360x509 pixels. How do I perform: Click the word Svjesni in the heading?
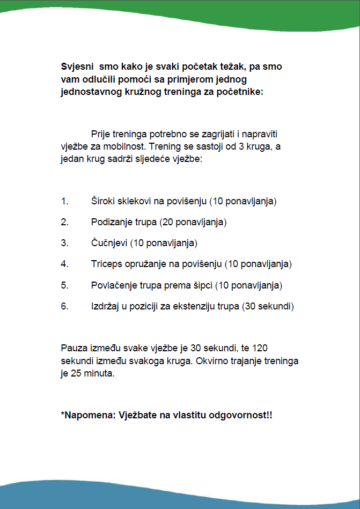click(x=76, y=67)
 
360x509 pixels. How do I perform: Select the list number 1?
click(x=64, y=202)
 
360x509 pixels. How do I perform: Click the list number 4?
click(x=64, y=264)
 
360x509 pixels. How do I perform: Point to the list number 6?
click(x=64, y=307)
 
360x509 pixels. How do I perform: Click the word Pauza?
click(x=74, y=348)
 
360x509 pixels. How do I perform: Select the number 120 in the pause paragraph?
click(x=260, y=348)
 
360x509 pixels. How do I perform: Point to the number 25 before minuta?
click(x=75, y=373)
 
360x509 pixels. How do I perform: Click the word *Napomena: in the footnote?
click(x=85, y=416)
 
